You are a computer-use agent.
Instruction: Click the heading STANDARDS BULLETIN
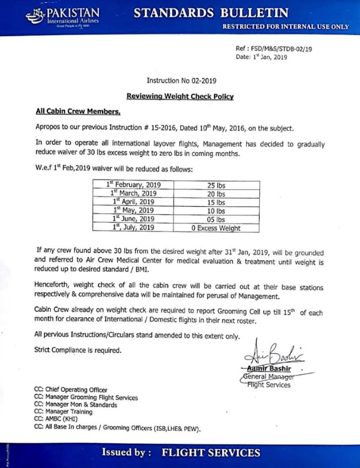point(213,12)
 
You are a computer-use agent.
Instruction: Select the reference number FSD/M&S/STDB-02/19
point(274,49)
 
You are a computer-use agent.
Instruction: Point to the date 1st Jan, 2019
point(261,57)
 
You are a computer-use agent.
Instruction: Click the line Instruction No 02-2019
point(180,82)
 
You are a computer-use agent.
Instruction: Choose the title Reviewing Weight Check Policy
point(180,96)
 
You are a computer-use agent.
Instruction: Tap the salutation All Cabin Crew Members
point(70,112)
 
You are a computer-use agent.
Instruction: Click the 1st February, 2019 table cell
point(134,184)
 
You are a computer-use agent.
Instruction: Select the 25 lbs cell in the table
point(216,185)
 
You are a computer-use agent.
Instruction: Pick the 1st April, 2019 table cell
point(134,201)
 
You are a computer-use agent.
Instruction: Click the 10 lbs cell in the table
point(216,210)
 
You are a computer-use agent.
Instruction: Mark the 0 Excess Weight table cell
point(216,228)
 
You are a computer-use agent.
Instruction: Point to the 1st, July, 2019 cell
point(134,227)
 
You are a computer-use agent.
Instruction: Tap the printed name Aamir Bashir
point(271,369)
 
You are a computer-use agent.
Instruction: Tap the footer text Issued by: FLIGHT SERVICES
point(180,453)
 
